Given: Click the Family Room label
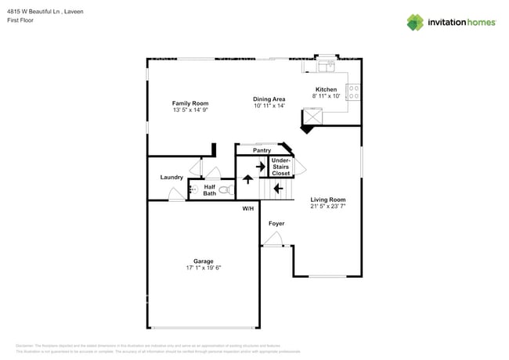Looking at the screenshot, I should point(190,103).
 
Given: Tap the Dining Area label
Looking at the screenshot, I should point(269,99).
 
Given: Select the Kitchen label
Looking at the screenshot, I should point(326,89).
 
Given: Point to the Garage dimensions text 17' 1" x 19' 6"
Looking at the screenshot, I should point(203,268).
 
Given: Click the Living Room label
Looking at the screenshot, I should point(328,200).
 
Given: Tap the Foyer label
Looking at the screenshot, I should point(276,224).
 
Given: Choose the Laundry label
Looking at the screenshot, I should point(171,178).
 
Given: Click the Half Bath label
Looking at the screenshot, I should point(210,190).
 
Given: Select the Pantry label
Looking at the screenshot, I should point(262,150).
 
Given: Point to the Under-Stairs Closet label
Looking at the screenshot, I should point(280,167).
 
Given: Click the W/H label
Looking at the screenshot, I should point(247,208).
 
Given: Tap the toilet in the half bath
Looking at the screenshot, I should point(226,190).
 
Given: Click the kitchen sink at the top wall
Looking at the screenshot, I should point(326,60).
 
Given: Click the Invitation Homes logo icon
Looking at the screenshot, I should point(414,22).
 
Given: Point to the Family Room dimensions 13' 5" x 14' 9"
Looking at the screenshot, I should point(190,110).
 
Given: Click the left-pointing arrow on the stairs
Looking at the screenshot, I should point(279,188).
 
